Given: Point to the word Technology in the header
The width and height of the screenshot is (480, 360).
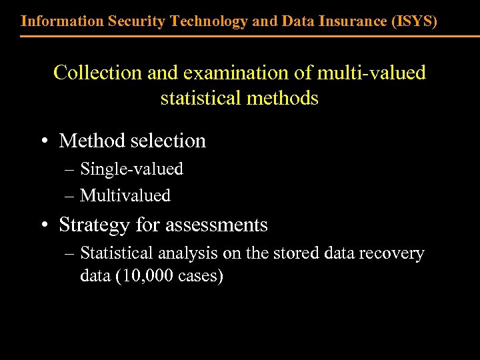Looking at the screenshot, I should (209, 21).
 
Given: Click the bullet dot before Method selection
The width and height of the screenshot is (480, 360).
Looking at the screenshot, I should (43, 141).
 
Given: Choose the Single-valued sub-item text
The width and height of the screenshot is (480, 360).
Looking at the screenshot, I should (131, 169).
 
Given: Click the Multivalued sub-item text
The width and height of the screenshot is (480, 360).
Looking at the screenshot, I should (125, 195).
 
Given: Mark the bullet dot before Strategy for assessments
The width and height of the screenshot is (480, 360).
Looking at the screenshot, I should (43, 225).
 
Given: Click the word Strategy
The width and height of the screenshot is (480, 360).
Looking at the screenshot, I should (95, 225).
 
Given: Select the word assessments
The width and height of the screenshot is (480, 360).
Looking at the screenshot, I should (216, 225).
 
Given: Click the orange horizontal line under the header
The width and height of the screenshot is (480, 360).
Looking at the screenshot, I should (240, 36).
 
